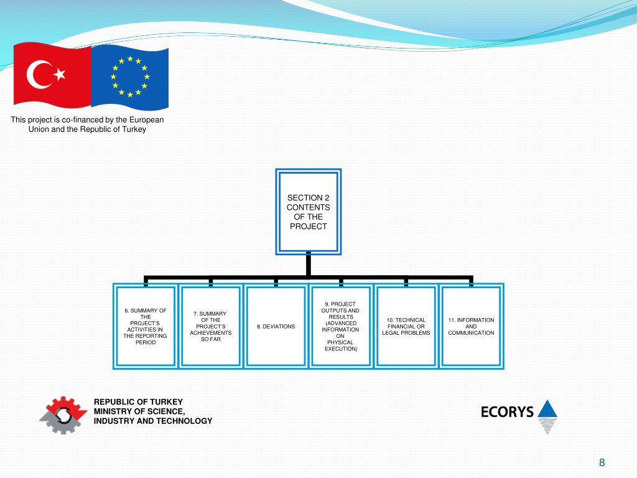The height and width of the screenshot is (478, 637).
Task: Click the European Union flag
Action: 129,77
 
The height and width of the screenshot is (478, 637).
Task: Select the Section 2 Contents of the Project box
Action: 308,212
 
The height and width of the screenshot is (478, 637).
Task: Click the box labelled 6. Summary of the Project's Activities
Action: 146,326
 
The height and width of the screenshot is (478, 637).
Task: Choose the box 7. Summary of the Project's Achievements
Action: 211,326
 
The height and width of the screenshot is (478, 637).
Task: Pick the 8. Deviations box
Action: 276,326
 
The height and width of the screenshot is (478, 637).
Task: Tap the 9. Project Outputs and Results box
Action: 340,326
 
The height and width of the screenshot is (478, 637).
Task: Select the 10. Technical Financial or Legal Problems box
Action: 406,326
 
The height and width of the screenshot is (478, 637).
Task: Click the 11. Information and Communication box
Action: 471,326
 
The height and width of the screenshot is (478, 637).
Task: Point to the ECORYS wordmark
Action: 507,411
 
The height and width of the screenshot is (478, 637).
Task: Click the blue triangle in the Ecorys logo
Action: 547,409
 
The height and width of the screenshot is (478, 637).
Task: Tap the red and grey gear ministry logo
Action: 63,413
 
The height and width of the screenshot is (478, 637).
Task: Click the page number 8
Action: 602,462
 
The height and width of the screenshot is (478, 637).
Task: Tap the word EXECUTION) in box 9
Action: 341,349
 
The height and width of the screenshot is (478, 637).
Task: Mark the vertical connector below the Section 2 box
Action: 308,266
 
